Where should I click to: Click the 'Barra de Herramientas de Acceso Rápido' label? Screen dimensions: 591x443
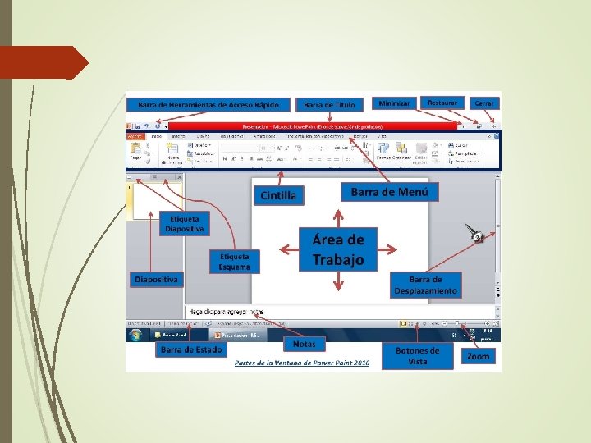coord(208,105)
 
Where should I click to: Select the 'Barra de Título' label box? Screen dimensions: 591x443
coord(329,105)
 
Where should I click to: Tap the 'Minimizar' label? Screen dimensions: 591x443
coord(394,103)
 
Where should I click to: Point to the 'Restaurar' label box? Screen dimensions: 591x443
coord(442,103)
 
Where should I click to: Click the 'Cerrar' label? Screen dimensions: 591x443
coord(483,103)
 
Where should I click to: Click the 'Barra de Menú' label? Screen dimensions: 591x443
coord(389,192)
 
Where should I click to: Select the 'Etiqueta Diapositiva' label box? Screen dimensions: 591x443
coord(184,223)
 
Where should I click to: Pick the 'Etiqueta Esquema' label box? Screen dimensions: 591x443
coord(234,261)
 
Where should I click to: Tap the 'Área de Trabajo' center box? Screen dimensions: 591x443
coord(337,249)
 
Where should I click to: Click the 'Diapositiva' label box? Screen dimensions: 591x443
coord(157,279)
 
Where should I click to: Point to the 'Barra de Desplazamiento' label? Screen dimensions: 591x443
coord(426,285)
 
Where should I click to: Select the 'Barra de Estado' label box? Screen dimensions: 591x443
coord(190,349)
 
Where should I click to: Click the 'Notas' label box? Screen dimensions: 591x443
coord(304,344)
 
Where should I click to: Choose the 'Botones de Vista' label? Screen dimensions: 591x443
coord(418,355)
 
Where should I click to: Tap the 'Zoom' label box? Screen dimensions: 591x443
coord(478,356)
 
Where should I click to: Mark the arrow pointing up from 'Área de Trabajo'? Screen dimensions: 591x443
coord(338,216)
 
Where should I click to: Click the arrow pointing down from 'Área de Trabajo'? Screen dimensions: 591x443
coord(338,283)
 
